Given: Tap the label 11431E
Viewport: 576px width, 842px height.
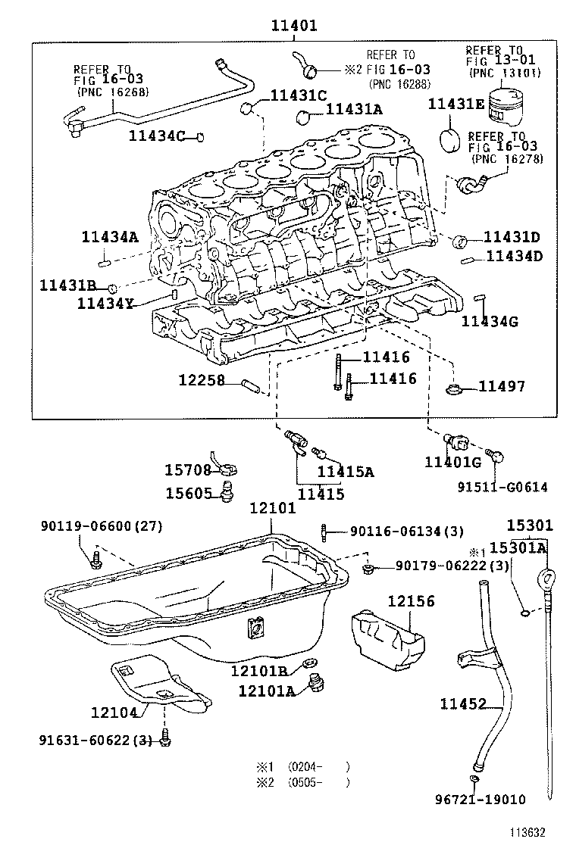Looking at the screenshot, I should coord(456,104).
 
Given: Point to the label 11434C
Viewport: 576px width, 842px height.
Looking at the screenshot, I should coord(158,136).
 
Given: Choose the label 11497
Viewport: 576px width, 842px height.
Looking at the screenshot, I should coord(502,387).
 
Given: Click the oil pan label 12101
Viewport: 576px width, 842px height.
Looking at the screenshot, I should coord(273,509).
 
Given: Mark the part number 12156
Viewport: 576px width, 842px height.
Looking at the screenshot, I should coord(412,601).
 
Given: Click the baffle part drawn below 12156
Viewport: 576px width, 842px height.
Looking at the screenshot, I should coord(387,639).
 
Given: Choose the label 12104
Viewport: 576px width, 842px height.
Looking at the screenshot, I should coord(114,713).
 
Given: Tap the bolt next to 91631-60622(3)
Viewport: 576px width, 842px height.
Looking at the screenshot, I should coord(165,741).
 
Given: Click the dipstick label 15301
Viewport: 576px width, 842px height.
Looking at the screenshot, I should coord(531,525).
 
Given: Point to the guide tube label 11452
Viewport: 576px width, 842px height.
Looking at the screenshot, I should coord(463,705).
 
